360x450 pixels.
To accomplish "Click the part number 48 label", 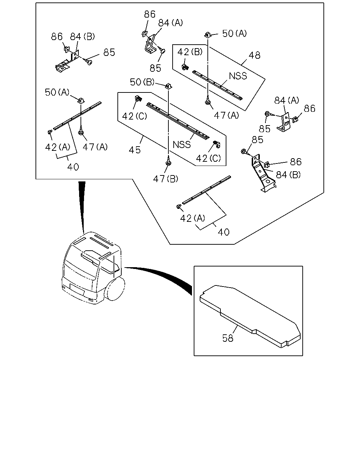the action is [255, 56].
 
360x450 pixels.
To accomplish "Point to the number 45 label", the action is [135, 150].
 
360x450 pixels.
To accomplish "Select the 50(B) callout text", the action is [142, 82].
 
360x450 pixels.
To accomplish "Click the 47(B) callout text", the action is [166, 179].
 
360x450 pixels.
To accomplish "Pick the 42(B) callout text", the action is [190, 52].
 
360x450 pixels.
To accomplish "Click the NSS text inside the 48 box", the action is [238, 76].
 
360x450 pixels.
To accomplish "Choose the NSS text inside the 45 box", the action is [182, 145].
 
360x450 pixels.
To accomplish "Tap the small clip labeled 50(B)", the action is [169, 86].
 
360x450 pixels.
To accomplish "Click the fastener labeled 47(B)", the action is [168, 162].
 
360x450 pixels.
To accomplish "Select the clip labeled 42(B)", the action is [185, 67].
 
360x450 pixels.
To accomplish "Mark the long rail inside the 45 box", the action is [178, 121].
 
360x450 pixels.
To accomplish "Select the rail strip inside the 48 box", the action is [217, 85].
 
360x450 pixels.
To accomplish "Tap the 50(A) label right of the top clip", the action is [234, 33].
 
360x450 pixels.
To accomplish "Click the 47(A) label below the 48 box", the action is [226, 115].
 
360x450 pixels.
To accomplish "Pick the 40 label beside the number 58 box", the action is [224, 232].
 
